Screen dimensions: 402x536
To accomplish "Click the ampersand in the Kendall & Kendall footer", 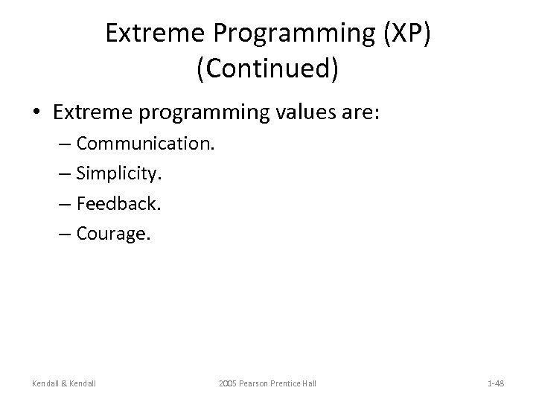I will pyautogui.click(x=68, y=383).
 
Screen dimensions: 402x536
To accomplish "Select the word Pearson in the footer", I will pyautogui.click(x=258, y=383).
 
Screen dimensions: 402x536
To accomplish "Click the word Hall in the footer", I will pyautogui.click(x=308, y=383).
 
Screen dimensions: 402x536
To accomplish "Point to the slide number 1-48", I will pyautogui.click(x=495, y=383).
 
